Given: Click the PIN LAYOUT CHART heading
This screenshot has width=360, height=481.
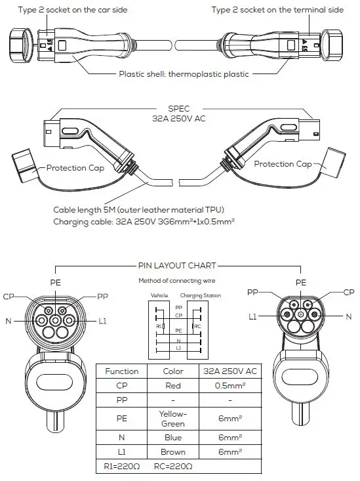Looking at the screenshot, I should tap(177, 266).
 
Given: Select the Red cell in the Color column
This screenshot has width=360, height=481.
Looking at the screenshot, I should tap(174, 386).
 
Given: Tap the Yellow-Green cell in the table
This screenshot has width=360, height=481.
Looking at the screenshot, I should tap(174, 419).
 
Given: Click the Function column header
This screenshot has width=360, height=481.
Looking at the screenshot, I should tap(121, 371).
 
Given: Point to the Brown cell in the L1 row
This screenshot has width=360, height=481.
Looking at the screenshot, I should tap(174, 452).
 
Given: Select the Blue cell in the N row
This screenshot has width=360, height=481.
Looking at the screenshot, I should tap(174, 437).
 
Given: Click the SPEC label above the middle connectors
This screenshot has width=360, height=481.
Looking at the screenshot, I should tap(177, 111).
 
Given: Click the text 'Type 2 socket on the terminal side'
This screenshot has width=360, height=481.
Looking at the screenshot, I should tap(278, 10).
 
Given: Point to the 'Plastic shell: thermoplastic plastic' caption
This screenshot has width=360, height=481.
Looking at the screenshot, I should tap(184, 74).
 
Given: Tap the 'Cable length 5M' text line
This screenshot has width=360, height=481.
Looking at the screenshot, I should tap(139, 210).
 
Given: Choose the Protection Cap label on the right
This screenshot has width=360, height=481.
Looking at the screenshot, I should tap(283, 164).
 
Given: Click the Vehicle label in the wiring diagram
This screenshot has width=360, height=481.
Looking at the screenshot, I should tap(159, 296).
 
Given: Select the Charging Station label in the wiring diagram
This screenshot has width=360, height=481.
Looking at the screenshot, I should tap(201, 296).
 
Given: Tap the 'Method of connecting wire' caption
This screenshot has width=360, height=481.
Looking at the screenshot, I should tap(176, 281).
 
